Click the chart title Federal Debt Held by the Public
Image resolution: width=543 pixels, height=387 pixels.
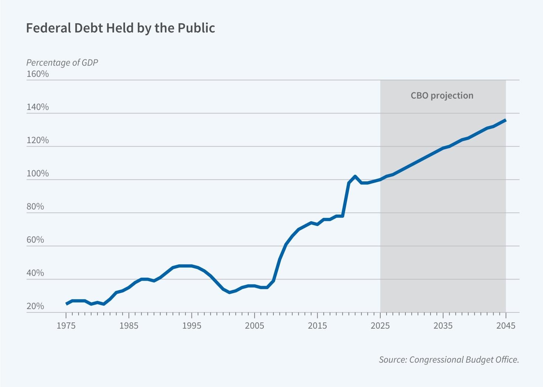click(120, 28)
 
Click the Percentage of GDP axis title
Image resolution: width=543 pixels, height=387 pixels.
click(62, 62)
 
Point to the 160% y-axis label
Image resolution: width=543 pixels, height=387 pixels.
click(38, 74)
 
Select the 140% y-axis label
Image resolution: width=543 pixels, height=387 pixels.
click(38, 107)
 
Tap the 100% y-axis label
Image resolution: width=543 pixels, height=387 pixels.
click(38, 174)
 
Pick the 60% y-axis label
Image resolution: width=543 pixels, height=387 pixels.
click(35, 240)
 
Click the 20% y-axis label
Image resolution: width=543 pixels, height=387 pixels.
click(35, 306)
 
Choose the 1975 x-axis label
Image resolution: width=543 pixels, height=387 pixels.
click(66, 326)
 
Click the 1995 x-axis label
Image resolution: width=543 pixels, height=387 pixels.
click(192, 326)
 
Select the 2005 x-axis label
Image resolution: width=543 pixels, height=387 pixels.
click(255, 326)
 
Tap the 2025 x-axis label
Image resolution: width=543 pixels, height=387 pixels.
click(380, 326)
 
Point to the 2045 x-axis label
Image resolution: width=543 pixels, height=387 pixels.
click(506, 326)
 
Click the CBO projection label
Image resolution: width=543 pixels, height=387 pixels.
click(442, 96)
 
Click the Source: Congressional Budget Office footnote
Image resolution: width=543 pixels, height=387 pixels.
click(449, 360)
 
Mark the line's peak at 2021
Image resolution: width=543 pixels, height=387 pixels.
click(355, 176)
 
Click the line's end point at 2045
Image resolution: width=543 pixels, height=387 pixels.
click(506, 120)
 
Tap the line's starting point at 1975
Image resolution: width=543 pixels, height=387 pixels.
click(66, 304)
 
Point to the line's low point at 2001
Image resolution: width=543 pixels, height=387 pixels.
click(229, 292)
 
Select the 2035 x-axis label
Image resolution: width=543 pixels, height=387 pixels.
click(443, 326)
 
